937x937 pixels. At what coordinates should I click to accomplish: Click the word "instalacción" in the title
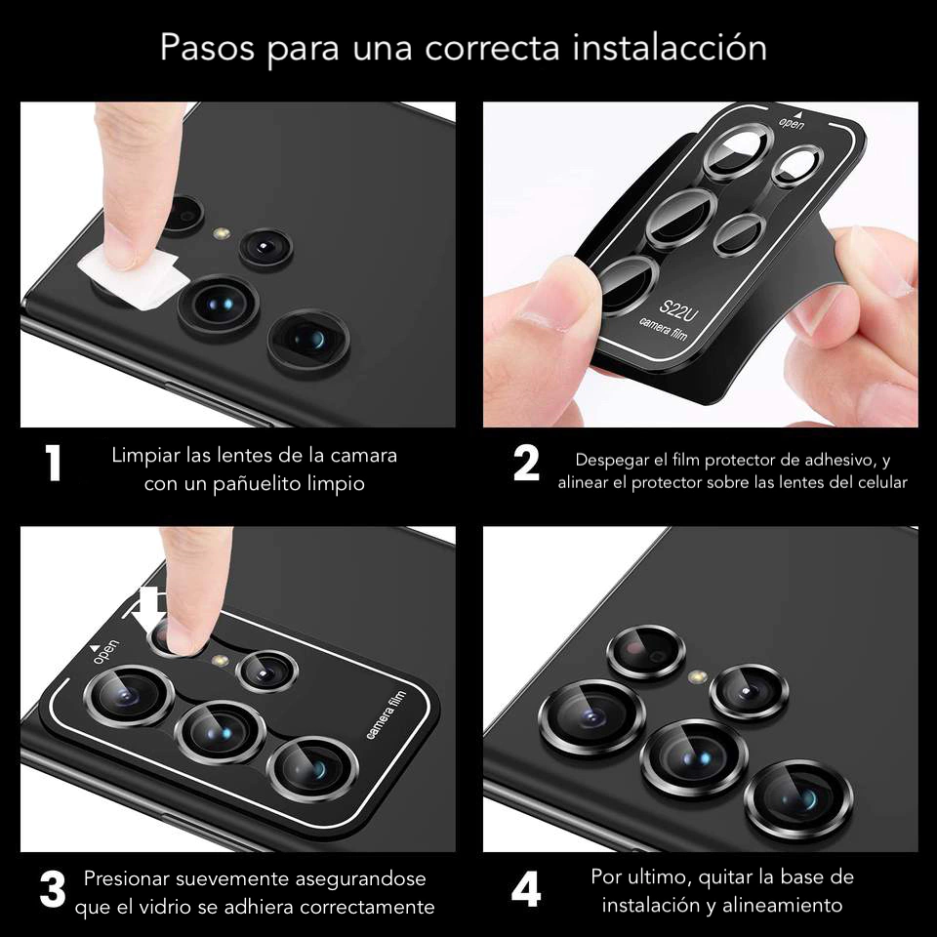click(x=670, y=48)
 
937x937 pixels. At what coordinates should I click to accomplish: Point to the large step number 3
click(x=53, y=890)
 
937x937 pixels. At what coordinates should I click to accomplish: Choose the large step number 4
click(x=526, y=890)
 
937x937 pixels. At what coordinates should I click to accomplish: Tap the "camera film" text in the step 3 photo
click(x=386, y=714)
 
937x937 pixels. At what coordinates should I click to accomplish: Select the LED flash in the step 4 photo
click(x=697, y=677)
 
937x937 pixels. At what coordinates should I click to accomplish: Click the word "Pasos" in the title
click(x=207, y=48)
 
